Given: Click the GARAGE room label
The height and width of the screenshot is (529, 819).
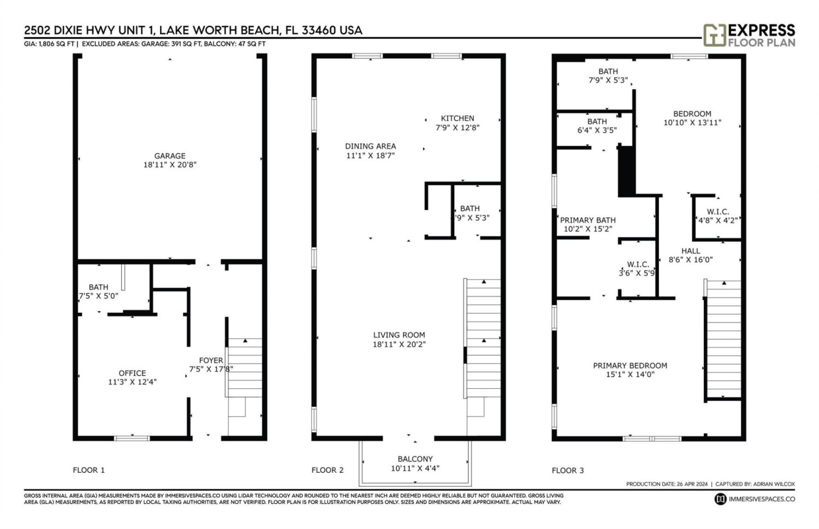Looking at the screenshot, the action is pyautogui.click(x=170, y=156).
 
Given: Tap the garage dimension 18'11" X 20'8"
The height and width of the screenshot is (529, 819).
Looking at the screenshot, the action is pyautogui.click(x=170, y=165).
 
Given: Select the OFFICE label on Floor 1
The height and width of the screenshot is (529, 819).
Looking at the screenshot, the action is pyautogui.click(x=132, y=373).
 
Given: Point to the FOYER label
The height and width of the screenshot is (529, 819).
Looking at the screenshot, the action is pyautogui.click(x=211, y=360).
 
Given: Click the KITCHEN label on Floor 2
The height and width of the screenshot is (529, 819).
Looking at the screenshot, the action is pyautogui.click(x=458, y=118).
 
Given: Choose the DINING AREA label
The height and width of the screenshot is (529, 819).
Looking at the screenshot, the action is pyautogui.click(x=370, y=146).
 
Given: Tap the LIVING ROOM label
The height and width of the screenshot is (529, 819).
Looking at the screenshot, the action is pyautogui.click(x=399, y=335).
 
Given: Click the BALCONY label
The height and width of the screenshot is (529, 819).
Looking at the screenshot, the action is pyautogui.click(x=415, y=459).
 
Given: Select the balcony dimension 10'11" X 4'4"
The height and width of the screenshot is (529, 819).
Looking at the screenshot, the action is pyautogui.click(x=415, y=468).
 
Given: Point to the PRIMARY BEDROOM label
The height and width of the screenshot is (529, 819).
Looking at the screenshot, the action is pyautogui.click(x=630, y=366).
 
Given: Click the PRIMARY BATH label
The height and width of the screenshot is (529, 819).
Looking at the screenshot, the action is pyautogui.click(x=587, y=220).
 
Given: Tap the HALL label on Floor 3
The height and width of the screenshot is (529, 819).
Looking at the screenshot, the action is pyautogui.click(x=691, y=251).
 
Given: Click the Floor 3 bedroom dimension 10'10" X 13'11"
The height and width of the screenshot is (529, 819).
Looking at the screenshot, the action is pyautogui.click(x=692, y=123).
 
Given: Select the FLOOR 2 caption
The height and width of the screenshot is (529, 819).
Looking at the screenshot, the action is pyautogui.click(x=327, y=470).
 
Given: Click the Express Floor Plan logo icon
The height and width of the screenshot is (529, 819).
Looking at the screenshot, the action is pyautogui.click(x=714, y=35).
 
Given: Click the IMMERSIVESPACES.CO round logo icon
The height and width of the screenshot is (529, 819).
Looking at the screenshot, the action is pyautogui.click(x=720, y=499).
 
